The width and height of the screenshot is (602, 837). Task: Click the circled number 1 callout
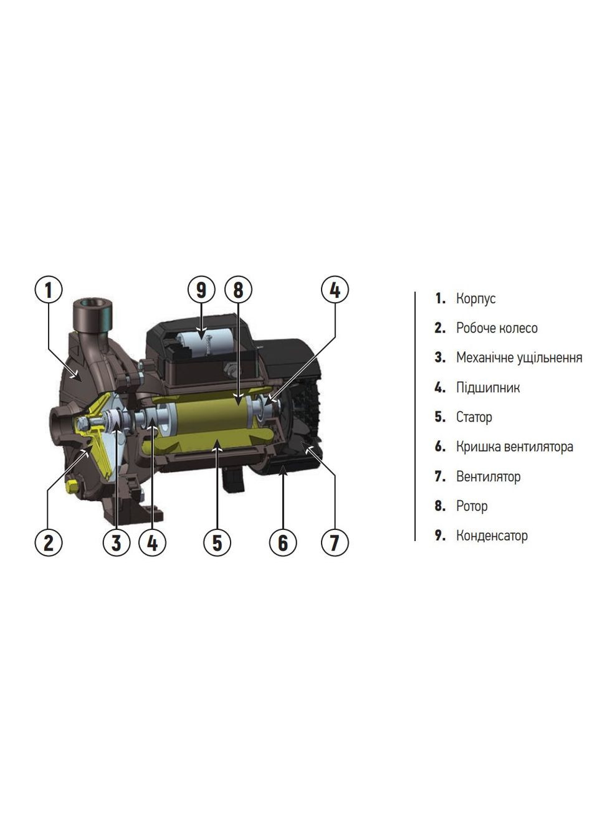tap(49, 290)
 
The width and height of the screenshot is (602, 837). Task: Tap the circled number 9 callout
tap(201, 290)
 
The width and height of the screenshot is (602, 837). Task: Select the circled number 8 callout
tap(238, 290)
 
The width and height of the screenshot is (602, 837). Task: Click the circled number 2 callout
tap(49, 542)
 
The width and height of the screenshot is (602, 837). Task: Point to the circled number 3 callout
tap(117, 542)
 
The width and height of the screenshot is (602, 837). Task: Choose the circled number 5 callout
tap(217, 542)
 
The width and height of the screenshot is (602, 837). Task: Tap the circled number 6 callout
tap(283, 542)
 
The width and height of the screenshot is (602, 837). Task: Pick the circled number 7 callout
tap(335, 542)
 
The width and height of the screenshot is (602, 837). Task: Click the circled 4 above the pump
tap(335, 290)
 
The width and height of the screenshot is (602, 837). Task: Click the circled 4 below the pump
tap(153, 542)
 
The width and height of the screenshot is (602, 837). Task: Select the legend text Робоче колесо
tap(497, 328)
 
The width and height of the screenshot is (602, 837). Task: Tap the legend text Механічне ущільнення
tap(519, 358)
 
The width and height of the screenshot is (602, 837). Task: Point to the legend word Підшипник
tap(487, 387)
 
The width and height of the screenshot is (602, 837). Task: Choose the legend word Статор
tap(474, 417)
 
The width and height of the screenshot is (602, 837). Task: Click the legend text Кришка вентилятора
tap(515, 447)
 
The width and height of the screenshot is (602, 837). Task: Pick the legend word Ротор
tap(472, 506)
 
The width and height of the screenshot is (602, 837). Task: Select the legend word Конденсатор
tap(492, 536)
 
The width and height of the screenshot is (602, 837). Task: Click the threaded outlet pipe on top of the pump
tap(92, 314)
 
